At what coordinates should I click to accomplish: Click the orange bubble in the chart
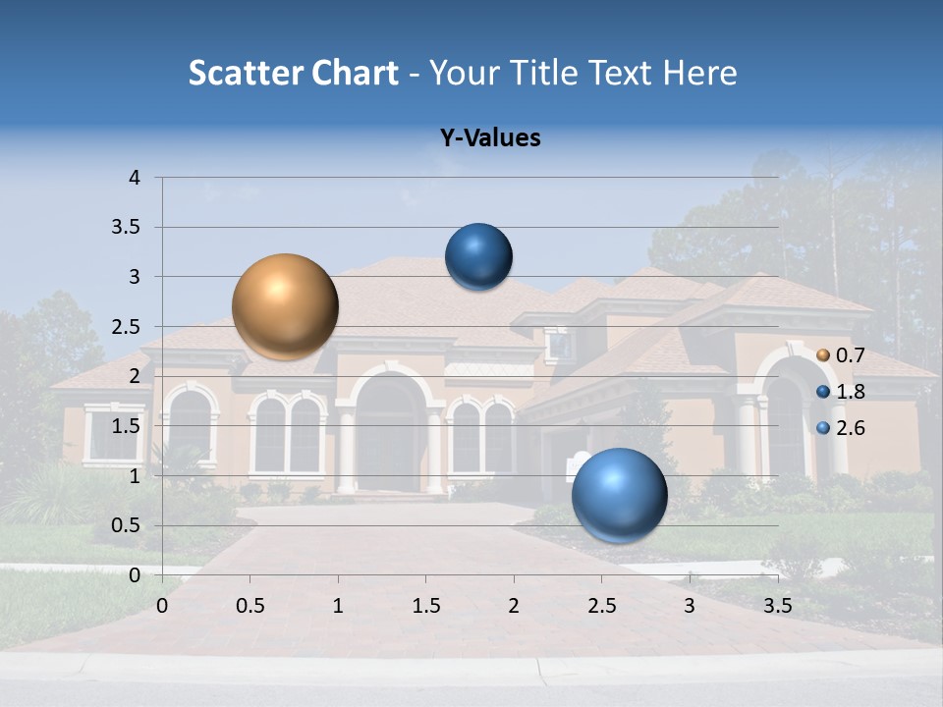pyautogui.click(x=285, y=306)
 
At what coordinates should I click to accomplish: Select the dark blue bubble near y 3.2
pyautogui.click(x=478, y=257)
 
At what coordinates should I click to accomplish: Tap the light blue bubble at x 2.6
pyautogui.click(x=619, y=495)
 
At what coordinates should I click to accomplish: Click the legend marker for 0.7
pyautogui.click(x=823, y=355)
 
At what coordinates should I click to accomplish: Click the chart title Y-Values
pyautogui.click(x=489, y=138)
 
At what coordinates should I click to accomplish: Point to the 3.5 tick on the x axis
pyautogui.click(x=777, y=606)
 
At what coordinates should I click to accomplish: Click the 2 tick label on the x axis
pyautogui.click(x=514, y=606)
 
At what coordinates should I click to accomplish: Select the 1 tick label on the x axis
pyautogui.click(x=338, y=606)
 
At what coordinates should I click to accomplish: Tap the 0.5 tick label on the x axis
pyautogui.click(x=250, y=606)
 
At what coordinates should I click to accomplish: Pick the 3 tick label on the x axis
pyautogui.click(x=690, y=606)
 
